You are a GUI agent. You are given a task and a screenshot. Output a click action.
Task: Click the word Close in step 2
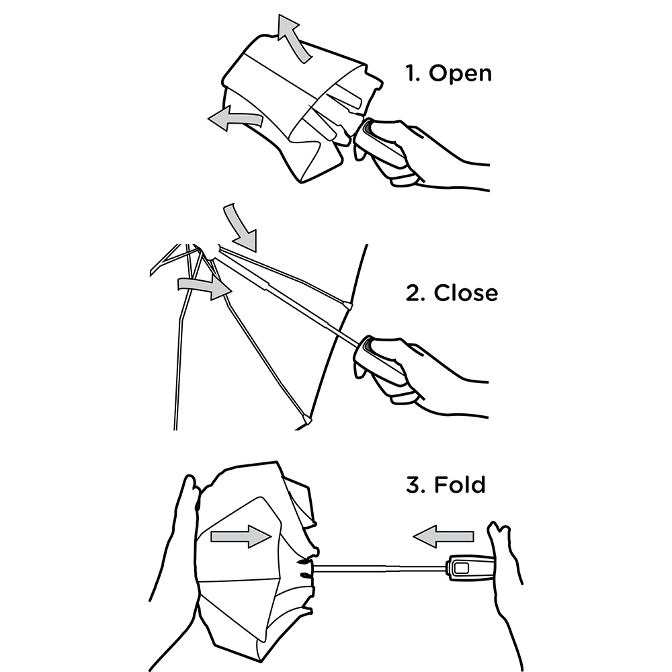466,293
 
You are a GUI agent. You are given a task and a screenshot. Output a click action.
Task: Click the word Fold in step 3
460,485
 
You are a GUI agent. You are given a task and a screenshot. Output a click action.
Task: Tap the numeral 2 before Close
415,293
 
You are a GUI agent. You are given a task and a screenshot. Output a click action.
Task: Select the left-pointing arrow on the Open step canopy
236,118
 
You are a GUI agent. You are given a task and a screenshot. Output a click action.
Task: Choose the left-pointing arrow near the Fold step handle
443,536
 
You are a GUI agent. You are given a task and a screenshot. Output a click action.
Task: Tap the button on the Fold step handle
462,569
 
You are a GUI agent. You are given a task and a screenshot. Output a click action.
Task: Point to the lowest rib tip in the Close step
306,419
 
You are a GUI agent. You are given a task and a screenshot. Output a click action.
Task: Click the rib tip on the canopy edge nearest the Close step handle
347,306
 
